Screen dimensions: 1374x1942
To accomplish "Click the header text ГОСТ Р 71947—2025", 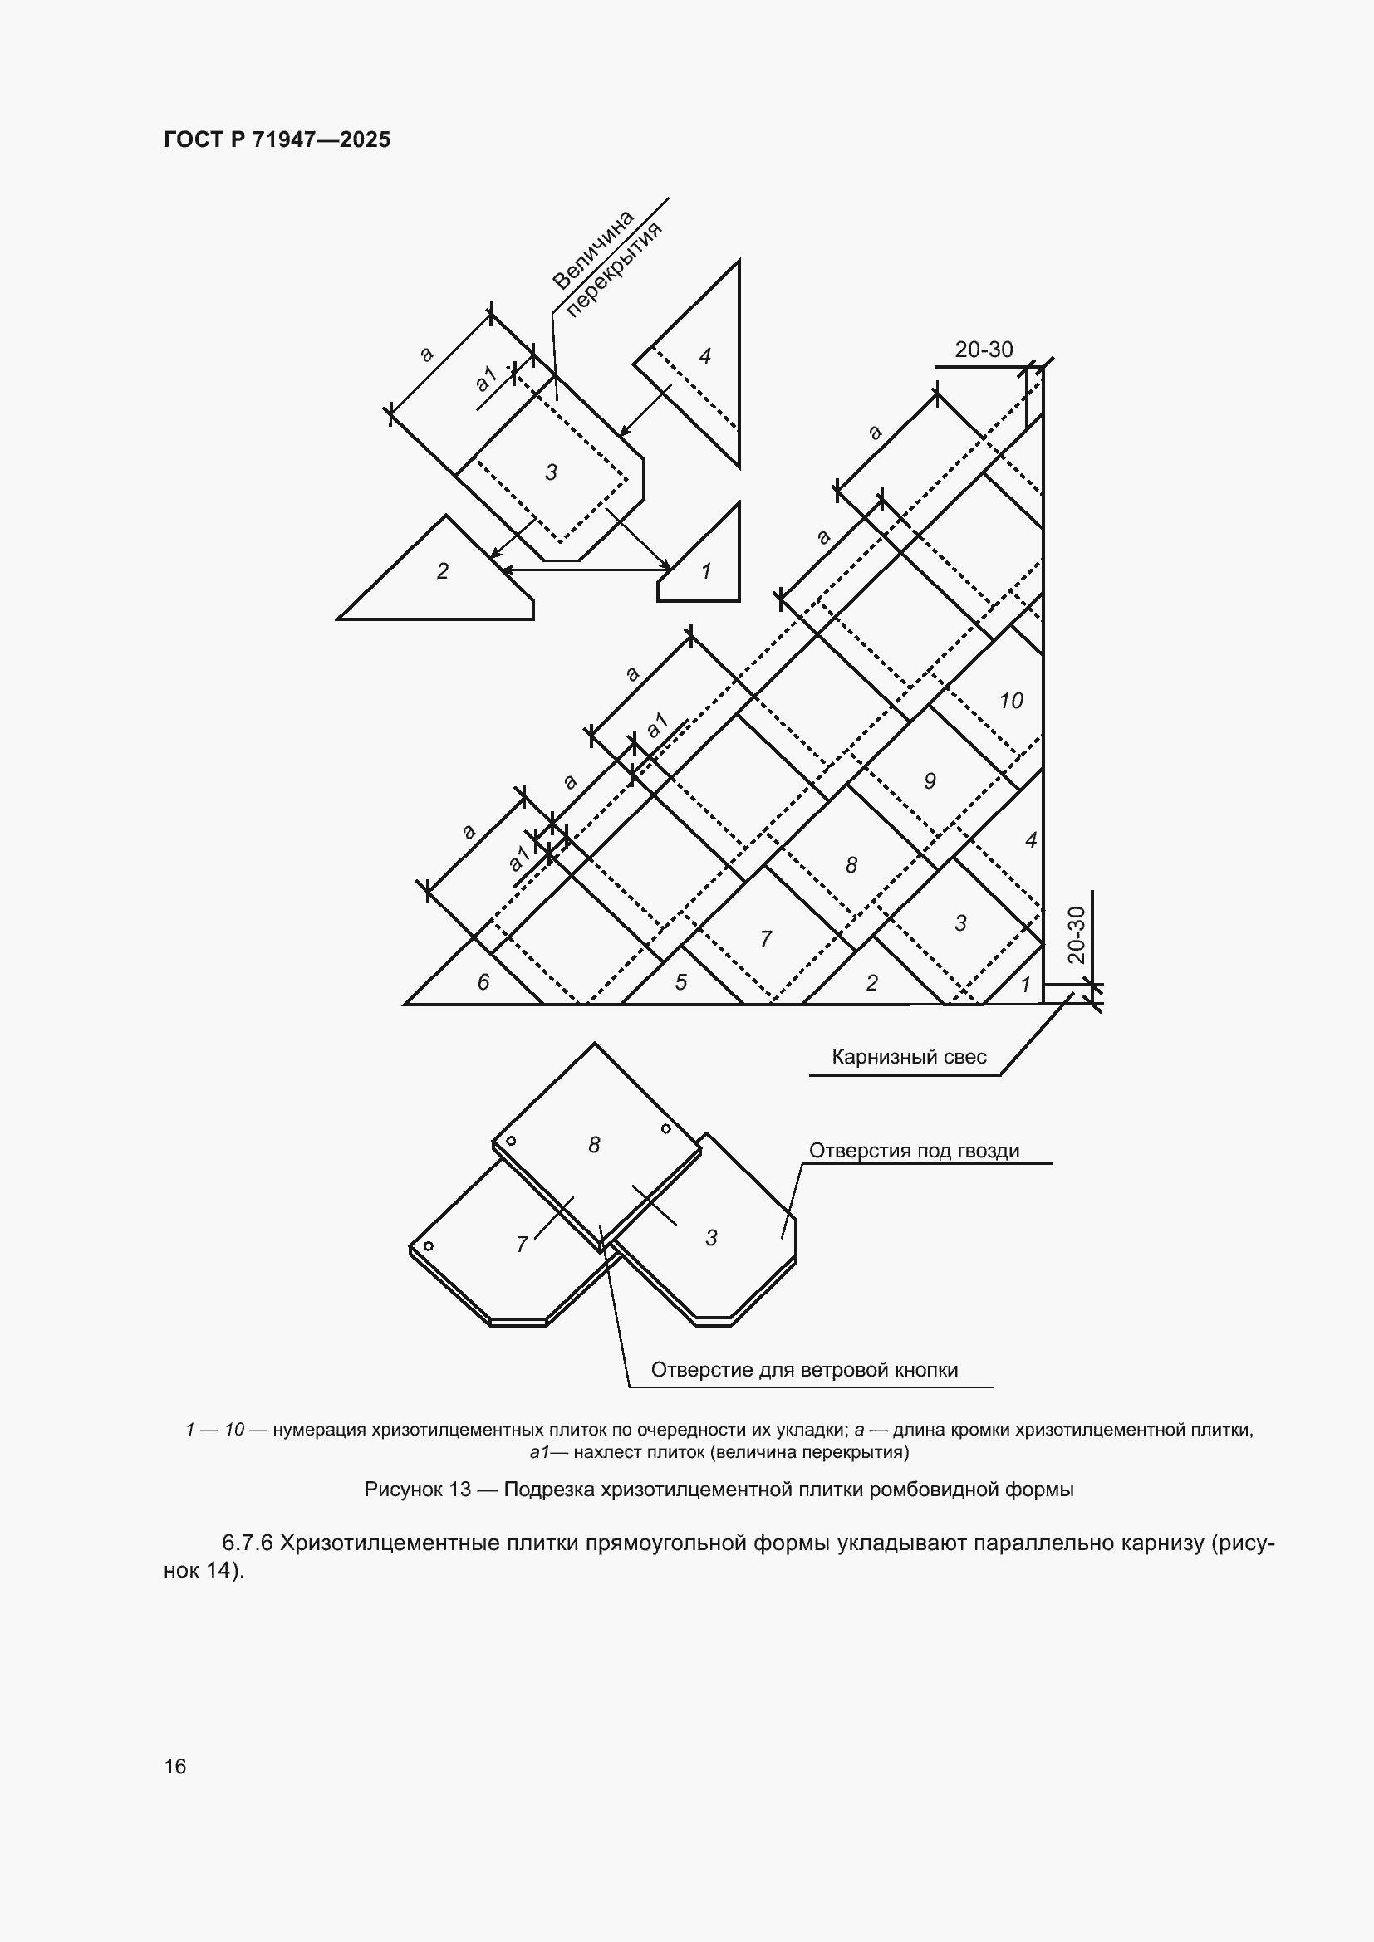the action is point(277,139).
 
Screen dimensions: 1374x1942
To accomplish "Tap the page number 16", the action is point(175,1766).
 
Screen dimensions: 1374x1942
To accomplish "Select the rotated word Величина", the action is point(593,250).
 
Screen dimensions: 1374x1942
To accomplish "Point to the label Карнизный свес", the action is point(909,1056).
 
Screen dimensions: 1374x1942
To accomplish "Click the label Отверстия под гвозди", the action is point(914,1150).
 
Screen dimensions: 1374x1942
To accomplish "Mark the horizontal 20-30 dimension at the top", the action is point(984,350).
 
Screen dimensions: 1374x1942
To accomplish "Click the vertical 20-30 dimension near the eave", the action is point(1076,935).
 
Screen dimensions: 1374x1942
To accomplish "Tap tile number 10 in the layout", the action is point(1011,701).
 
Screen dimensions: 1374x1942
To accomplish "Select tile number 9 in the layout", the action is point(930,780).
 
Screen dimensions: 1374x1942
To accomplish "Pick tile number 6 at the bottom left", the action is point(483,981).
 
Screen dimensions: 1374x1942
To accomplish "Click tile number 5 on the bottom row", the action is point(681,981).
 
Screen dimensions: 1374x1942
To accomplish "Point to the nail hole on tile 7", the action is point(428,1245).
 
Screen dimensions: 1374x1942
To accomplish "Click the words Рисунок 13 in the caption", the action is point(417,1489).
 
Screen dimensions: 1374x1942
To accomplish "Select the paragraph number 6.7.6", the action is point(247,1543).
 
